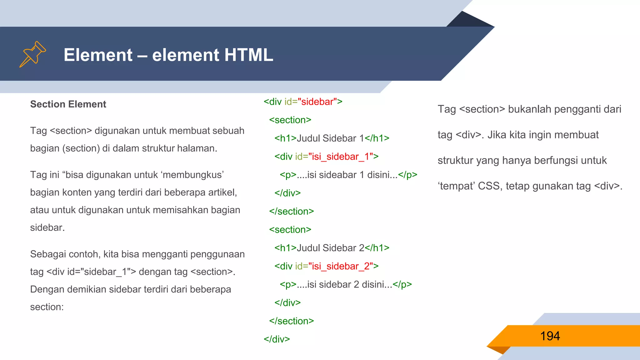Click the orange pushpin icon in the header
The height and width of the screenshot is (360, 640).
click(x=33, y=54)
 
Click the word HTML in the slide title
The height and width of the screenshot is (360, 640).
click(x=248, y=55)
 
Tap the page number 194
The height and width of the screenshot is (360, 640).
click(x=550, y=336)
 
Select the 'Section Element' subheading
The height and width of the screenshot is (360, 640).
click(x=68, y=104)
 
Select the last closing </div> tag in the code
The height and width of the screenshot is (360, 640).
click(x=277, y=339)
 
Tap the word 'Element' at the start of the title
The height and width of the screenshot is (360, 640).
click(x=98, y=55)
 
